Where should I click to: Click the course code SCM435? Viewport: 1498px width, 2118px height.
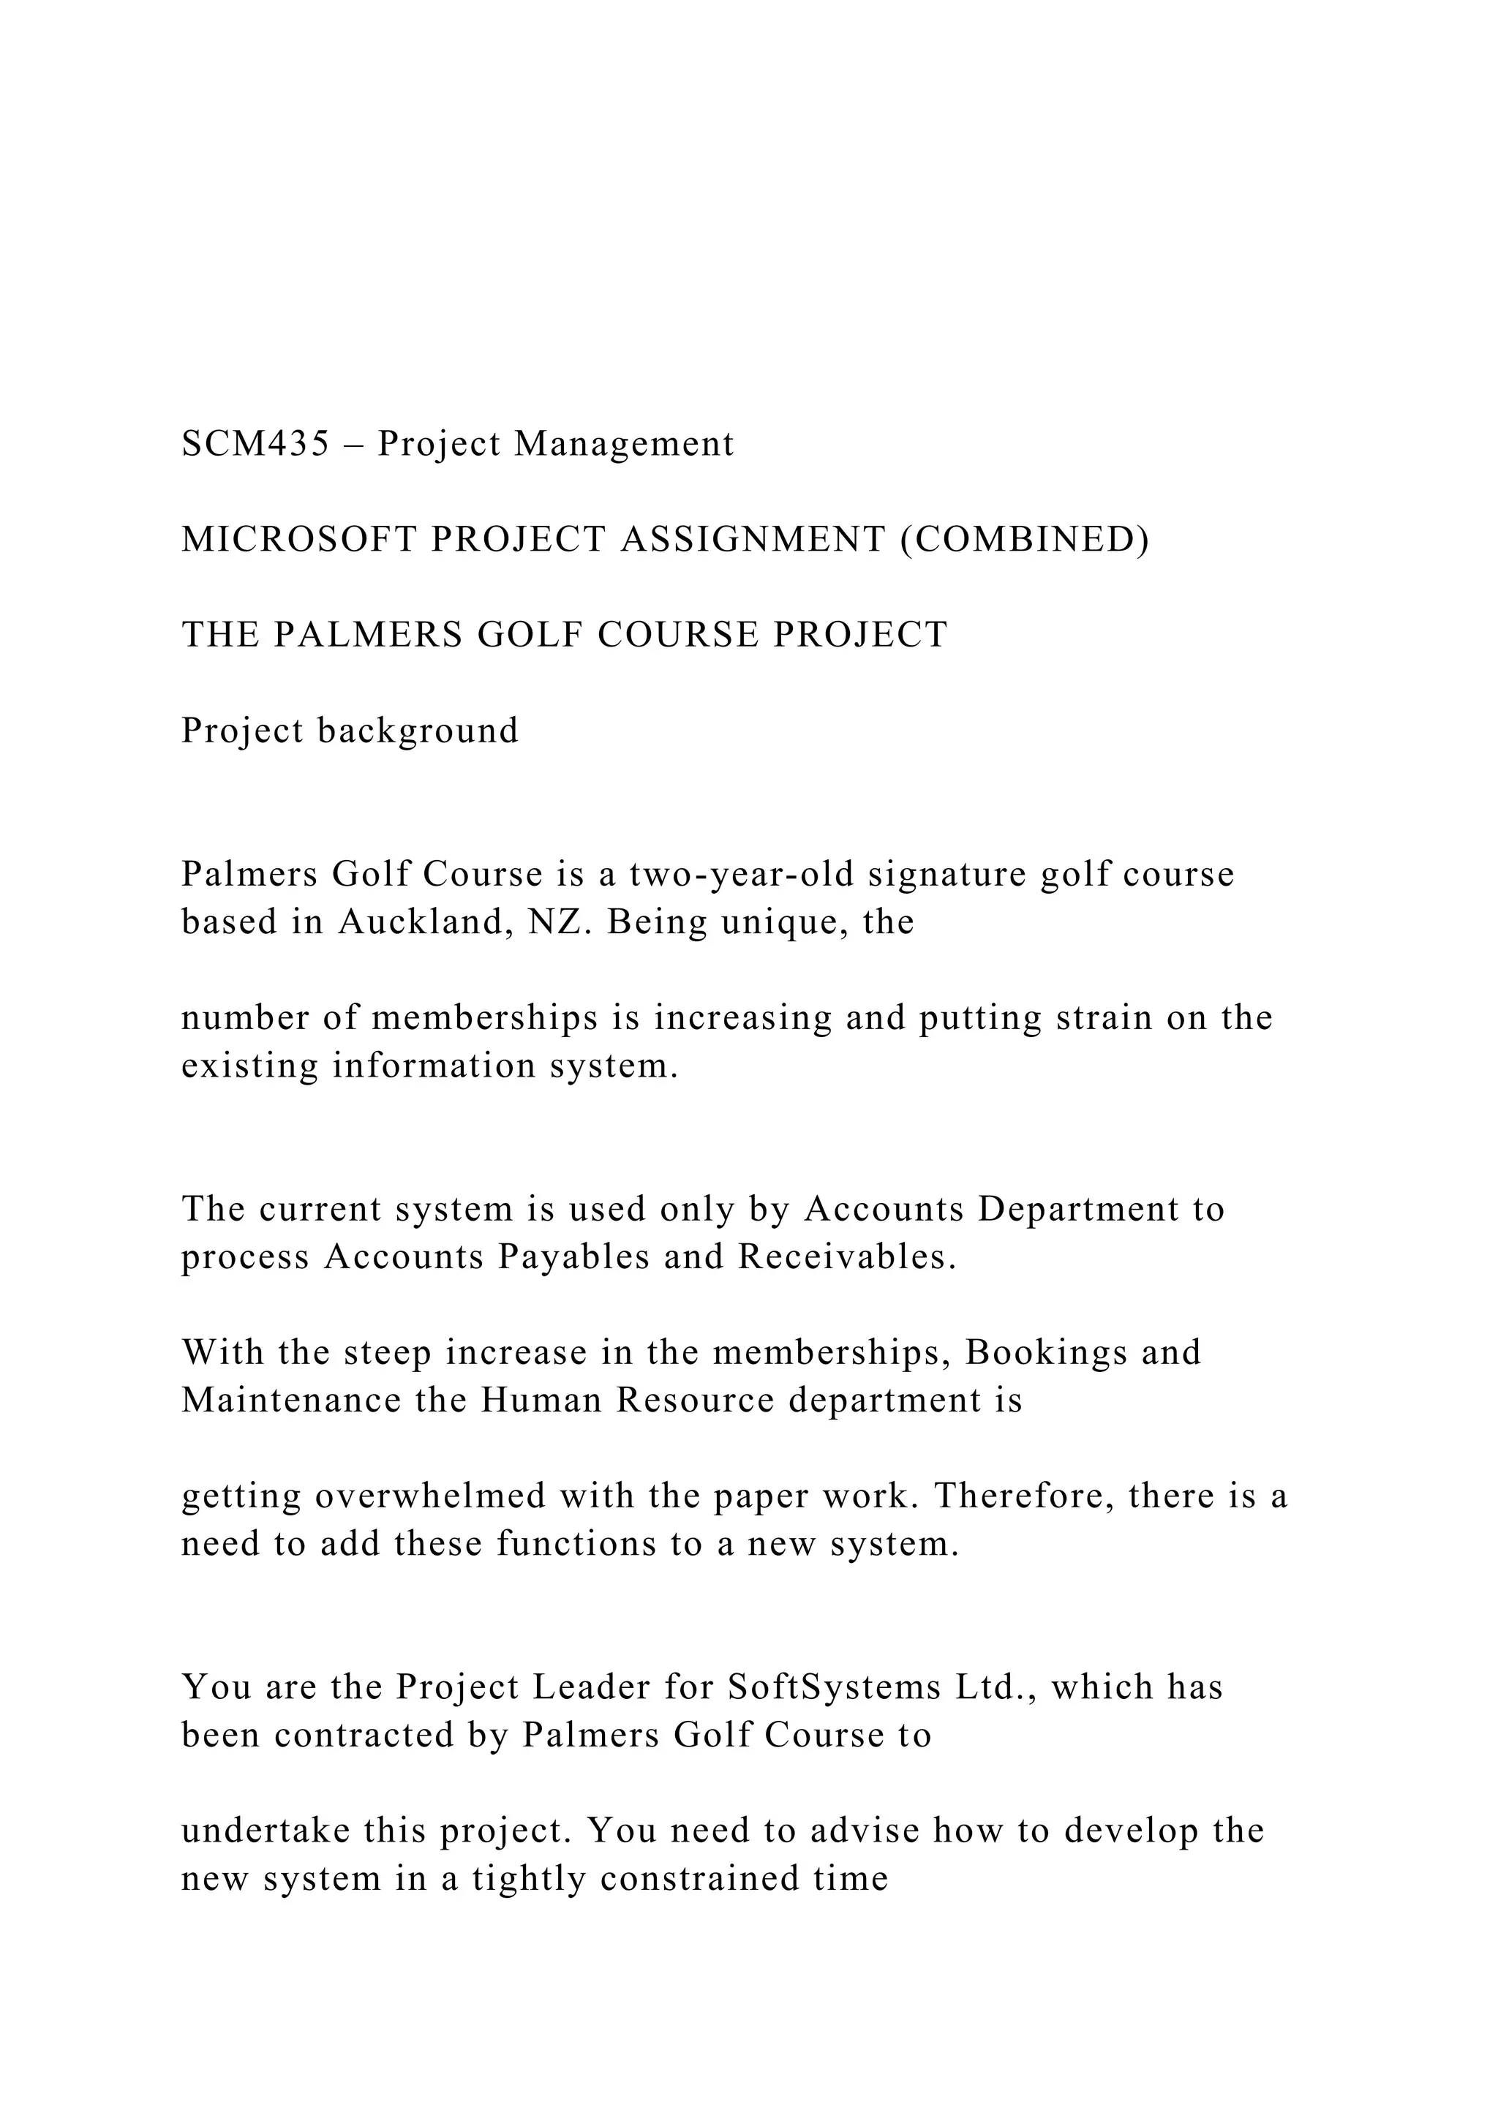[255, 445]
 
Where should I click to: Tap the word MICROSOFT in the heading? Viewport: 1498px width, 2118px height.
[299, 540]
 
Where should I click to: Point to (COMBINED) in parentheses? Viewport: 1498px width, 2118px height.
[1024, 540]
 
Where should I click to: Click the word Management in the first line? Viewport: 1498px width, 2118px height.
[625, 445]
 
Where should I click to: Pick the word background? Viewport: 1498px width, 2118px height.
[419, 731]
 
